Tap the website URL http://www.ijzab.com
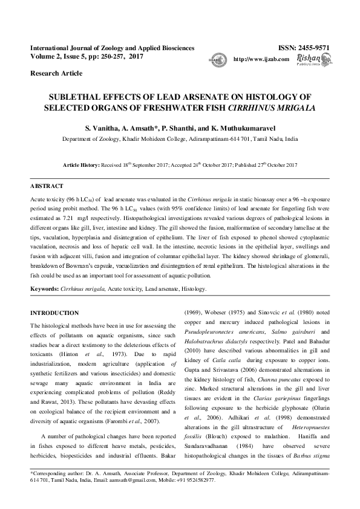[x=257, y=59]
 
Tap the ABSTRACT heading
[x=48, y=186]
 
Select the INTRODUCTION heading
[x=54, y=313]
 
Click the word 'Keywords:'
[x=44, y=289]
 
